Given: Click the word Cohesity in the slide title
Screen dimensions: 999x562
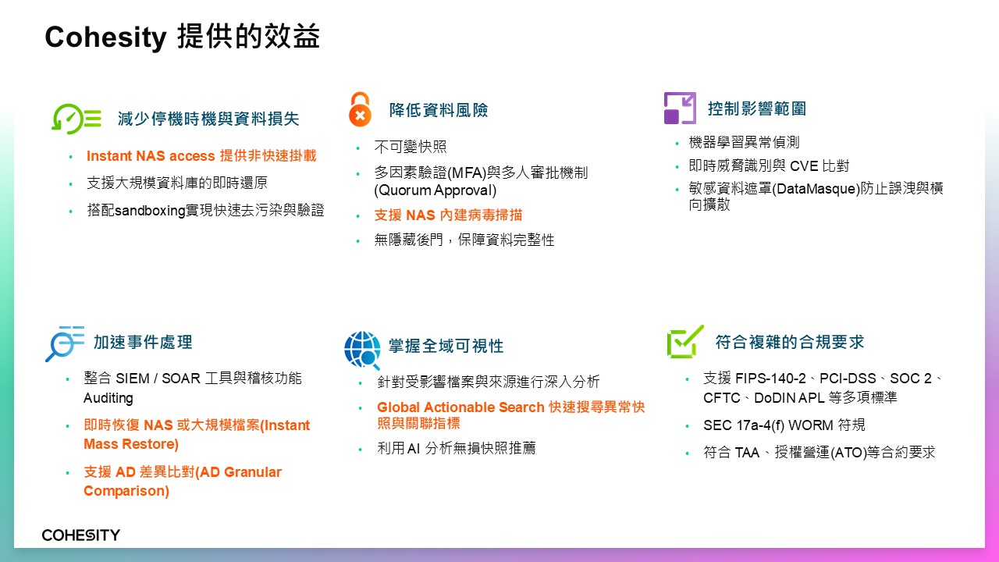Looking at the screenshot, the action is pos(105,37).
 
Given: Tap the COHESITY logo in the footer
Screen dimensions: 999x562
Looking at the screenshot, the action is pos(80,535).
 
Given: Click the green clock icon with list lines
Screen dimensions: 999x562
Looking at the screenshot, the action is pos(76,119).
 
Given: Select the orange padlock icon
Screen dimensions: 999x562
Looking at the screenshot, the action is pos(360,109).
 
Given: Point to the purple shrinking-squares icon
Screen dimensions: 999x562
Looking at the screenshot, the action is pos(680,108).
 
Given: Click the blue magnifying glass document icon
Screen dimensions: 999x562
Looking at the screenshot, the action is pos(65,343).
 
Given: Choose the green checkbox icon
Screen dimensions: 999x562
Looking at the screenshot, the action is pos(685,342).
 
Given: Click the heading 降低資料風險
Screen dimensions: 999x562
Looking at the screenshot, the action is pos(439,110).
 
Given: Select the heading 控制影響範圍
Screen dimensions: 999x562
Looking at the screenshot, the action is pos(757,108).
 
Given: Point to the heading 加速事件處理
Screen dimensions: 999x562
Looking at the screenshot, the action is pos(143,342).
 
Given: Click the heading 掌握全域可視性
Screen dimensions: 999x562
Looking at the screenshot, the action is pos(446,346).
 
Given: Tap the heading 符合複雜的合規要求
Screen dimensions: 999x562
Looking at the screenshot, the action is pos(790,342).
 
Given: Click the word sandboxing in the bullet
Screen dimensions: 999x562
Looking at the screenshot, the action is pos(150,211).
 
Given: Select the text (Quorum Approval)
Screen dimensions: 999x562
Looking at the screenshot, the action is pos(436,190).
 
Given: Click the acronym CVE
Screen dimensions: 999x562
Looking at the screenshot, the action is pos(804,166).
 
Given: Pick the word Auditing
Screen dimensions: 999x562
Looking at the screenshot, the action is pos(108,398).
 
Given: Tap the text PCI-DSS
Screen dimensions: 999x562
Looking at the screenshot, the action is pos(848,379).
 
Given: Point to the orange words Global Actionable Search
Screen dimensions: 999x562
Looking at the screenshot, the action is pos(460,407).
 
